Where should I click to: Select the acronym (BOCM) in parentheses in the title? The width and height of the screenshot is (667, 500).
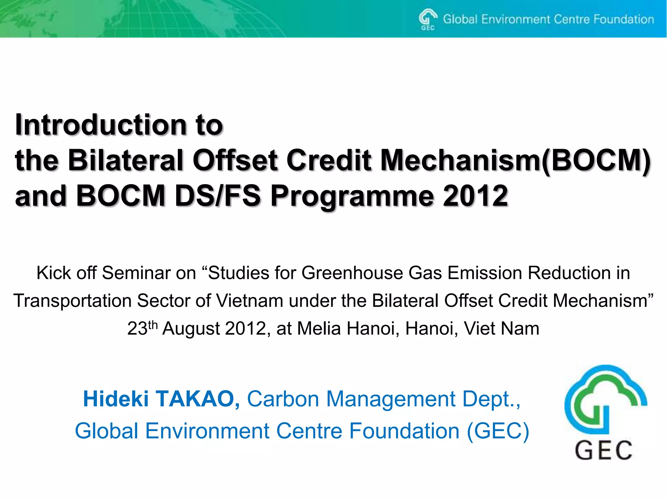click(x=596, y=160)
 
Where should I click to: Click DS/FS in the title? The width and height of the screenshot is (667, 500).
click(x=218, y=196)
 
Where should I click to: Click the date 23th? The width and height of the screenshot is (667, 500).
click(x=142, y=328)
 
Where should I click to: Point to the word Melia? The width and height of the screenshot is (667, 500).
click(x=319, y=328)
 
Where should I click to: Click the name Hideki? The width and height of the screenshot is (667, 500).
click(x=116, y=399)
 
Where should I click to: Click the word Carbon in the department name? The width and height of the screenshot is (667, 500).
click(x=283, y=399)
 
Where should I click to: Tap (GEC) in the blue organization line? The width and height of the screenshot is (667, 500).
click(x=498, y=431)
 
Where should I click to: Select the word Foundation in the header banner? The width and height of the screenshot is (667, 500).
click(x=623, y=19)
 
